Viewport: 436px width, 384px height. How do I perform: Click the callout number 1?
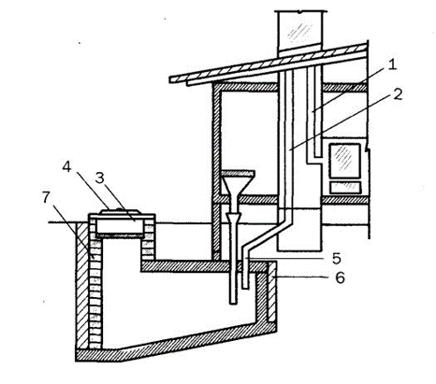point(391,65)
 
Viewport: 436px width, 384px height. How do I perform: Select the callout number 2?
point(398,93)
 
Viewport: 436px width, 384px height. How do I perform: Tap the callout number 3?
point(100,178)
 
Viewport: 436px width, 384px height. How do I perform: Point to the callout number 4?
point(66,167)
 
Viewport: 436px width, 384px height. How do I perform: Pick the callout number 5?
point(336,258)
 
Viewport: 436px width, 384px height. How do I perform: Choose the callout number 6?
point(340,277)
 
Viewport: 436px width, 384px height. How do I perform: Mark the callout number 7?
point(46,197)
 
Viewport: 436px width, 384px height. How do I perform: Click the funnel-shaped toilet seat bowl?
point(238,183)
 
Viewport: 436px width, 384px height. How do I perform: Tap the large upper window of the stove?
point(345,161)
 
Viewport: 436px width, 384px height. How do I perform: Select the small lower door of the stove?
point(345,188)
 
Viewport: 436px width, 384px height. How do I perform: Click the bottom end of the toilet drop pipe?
point(233,303)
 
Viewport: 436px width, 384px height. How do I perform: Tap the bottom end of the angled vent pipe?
point(246,288)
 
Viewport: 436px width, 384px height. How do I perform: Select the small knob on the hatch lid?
point(119,208)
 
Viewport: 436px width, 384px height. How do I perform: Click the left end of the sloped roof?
point(171,79)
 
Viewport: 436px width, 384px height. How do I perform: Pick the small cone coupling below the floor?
point(234,218)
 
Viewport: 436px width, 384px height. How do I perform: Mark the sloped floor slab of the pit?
point(176,344)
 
